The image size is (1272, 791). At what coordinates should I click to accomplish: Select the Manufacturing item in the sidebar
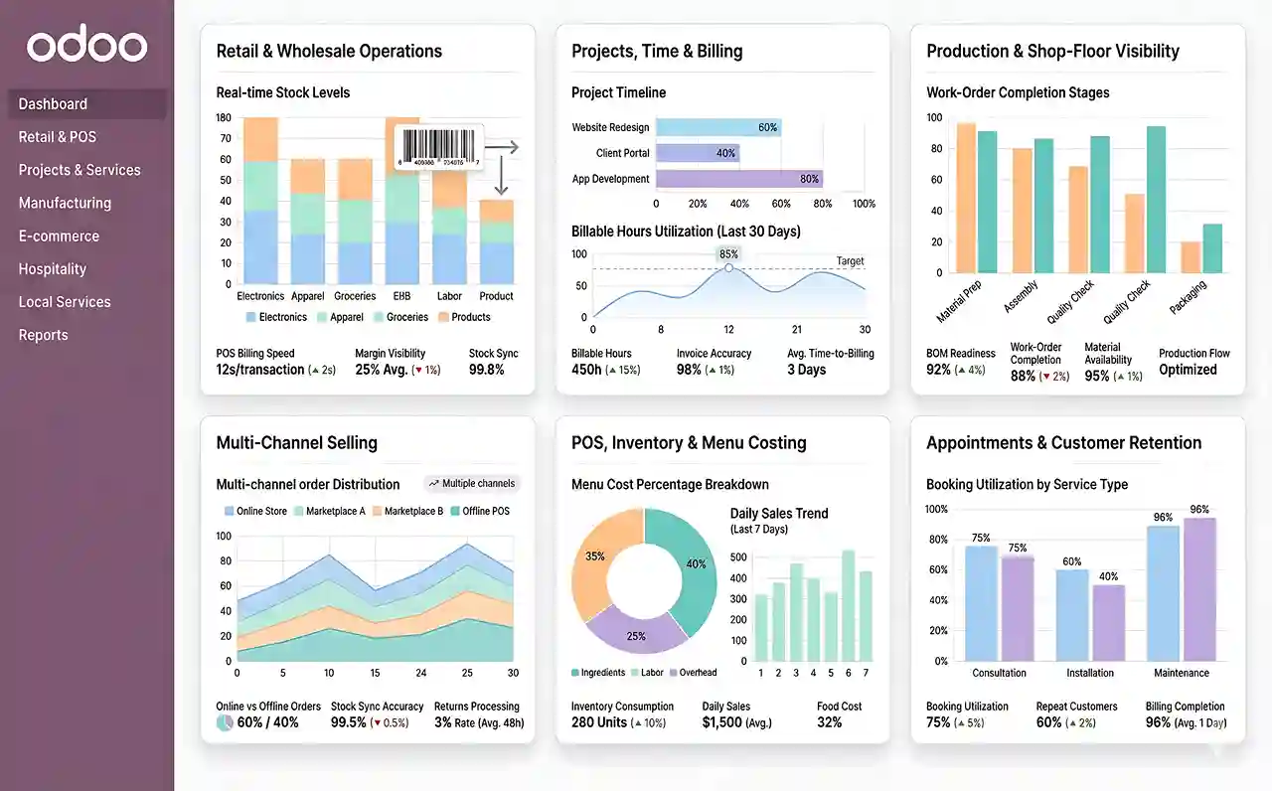(65, 203)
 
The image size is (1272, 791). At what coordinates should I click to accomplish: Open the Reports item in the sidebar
(43, 335)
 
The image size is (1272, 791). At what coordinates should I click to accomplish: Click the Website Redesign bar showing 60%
(717, 127)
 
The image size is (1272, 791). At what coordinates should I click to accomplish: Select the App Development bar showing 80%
(738, 179)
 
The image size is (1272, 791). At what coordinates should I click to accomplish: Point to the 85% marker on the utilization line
(728, 267)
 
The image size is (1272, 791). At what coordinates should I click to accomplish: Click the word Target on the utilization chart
(850, 261)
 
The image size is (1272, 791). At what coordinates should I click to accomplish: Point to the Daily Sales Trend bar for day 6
(848, 605)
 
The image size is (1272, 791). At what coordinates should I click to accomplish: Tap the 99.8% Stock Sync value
(486, 370)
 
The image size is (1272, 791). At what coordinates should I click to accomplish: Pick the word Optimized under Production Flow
(1188, 370)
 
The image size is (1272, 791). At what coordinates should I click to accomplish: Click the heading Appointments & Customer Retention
(1063, 443)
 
